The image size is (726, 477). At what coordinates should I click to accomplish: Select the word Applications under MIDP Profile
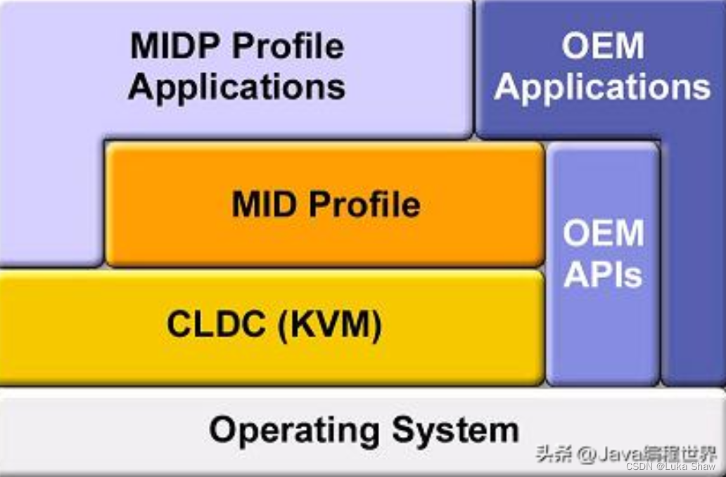point(236,88)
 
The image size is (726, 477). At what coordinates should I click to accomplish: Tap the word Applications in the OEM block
point(602,88)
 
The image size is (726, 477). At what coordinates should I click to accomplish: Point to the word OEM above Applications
point(602,47)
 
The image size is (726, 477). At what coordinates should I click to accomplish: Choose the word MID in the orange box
point(264,204)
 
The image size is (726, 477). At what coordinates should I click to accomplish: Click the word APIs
point(604,276)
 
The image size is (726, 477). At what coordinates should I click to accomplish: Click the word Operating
point(295,429)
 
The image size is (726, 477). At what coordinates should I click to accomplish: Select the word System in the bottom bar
point(455,429)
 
